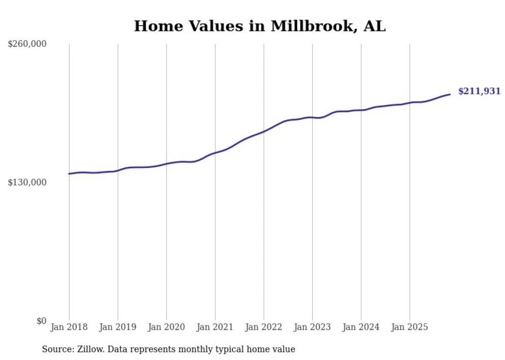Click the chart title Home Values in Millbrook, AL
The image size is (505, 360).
pos(260,26)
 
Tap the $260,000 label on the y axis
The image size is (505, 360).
pos(27,44)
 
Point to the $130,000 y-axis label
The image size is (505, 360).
pos(27,182)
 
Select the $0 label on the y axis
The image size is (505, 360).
pos(42,321)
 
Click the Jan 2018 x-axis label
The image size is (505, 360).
pos(69,327)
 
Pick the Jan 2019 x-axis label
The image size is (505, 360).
pos(117,327)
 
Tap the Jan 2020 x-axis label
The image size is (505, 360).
pos(166,327)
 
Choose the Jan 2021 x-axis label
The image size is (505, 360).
pos(215,327)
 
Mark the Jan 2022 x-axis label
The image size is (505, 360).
pos(264,327)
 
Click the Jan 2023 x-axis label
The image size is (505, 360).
pos(312,327)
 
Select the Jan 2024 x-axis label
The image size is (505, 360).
pos(361,327)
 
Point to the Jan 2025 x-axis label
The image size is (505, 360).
pos(410,327)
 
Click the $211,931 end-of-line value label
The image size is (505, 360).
pos(479,92)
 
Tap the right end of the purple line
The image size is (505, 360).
pos(450,94)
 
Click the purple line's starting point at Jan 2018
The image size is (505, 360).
pos(69,174)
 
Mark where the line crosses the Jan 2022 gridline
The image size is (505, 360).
pos(264,131)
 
